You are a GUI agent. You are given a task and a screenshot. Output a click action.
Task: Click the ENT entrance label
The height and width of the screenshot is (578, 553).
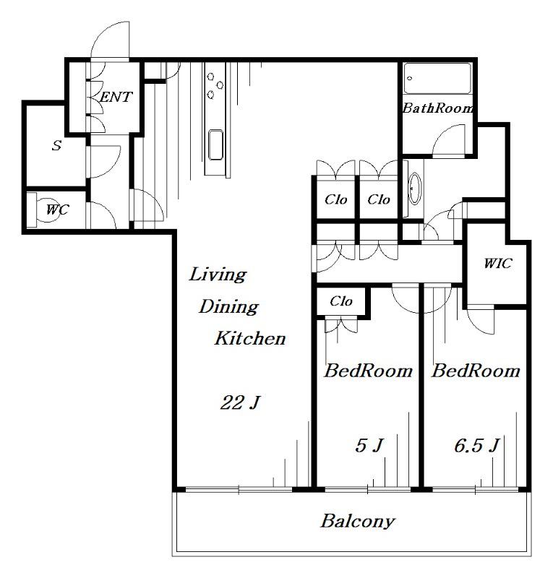(116, 97)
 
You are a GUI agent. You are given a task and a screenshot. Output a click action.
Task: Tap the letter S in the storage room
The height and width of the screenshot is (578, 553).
(56, 145)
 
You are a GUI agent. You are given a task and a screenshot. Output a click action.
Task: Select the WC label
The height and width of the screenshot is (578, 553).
(57, 210)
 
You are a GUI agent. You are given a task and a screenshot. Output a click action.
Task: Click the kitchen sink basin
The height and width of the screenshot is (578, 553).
(215, 144)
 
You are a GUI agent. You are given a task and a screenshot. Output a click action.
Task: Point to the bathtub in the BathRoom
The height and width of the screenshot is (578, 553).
(437, 79)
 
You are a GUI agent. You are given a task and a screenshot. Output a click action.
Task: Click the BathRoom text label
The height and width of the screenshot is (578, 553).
(437, 108)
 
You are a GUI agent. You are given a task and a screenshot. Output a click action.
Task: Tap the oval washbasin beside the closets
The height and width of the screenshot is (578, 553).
(415, 189)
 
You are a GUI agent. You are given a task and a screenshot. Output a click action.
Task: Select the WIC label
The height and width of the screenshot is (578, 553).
(497, 263)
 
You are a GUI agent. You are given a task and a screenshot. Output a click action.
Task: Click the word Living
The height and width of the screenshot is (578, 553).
(218, 275)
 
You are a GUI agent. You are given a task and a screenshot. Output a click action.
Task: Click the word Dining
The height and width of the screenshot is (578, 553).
(228, 306)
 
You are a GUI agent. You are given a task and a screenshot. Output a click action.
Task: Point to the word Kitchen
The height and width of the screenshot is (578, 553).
(250, 338)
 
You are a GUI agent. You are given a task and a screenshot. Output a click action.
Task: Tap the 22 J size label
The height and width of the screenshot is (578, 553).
(241, 402)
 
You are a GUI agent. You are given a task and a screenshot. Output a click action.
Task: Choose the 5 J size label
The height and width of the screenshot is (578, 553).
(369, 445)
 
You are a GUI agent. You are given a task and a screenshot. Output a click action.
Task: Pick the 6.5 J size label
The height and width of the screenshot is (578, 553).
(476, 445)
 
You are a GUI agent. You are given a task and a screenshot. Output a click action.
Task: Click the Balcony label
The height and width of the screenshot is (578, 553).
(358, 521)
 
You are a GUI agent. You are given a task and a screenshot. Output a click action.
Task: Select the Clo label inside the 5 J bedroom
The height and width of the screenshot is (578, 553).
(341, 301)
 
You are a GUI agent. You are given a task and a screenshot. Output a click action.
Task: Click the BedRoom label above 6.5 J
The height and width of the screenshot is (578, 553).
(476, 371)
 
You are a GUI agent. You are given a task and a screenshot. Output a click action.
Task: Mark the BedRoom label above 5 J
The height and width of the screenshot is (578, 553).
(368, 371)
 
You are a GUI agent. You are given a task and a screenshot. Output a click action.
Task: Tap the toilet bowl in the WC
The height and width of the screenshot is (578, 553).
(47, 210)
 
